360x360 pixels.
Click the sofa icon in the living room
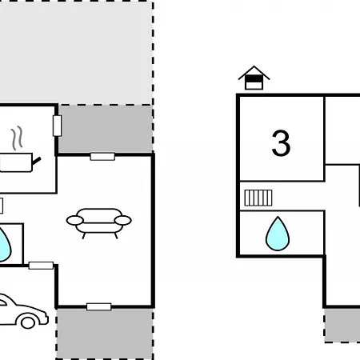pos(98,223)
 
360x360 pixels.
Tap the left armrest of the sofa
pos(75,221)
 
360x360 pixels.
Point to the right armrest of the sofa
pos(122,221)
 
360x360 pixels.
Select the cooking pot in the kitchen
pos(17,162)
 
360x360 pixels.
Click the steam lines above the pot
pos(17,138)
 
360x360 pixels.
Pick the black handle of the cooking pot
pos(37,160)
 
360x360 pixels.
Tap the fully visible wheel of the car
pos(28,322)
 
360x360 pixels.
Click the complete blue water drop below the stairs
pos(278,234)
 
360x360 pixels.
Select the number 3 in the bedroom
pos(281,143)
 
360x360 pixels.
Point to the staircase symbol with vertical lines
pos(258,198)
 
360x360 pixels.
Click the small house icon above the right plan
pos(254,78)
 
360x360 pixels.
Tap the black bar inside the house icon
pos(254,79)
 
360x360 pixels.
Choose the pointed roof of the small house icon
pos(254,73)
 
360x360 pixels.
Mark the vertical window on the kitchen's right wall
pos(58,126)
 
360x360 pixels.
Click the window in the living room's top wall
pos(102,157)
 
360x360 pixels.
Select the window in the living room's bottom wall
pos(99,306)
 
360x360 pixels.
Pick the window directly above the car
pos(41,266)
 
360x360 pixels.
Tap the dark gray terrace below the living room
pos(105,334)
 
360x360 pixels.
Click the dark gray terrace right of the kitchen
pos(106,130)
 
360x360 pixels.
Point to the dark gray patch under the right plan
pos(342,326)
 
